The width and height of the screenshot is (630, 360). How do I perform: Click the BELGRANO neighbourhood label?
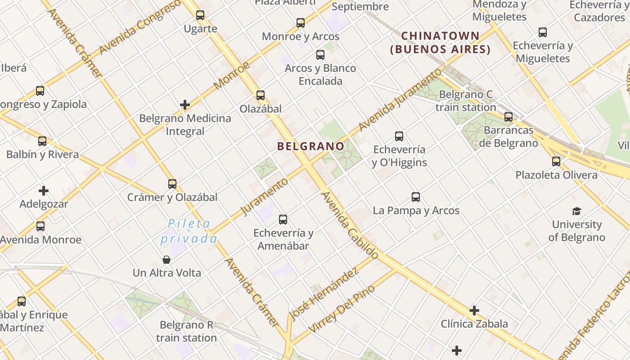point(310,146)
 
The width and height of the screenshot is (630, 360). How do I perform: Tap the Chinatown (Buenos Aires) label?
point(440,42)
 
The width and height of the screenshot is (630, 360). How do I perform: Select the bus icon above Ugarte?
point(200,15)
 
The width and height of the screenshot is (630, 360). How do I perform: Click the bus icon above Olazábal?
point(261,95)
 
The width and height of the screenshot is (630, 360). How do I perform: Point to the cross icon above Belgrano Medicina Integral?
point(185,105)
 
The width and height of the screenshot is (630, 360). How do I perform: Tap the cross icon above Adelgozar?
point(44,191)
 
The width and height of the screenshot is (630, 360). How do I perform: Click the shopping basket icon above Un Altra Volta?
point(166,260)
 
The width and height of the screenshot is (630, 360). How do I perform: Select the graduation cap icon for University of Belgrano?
point(576,211)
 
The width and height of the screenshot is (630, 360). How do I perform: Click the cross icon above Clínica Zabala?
point(474,310)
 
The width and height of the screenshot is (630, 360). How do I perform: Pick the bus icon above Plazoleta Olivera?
point(556,162)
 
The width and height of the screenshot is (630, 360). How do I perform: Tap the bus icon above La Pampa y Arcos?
point(416,197)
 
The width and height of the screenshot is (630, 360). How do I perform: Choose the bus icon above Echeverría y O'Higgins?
point(399,136)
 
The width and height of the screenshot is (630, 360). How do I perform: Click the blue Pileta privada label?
point(189,231)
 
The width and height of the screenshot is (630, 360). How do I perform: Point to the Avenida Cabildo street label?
point(350,225)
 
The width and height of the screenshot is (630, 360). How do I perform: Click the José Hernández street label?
point(324,293)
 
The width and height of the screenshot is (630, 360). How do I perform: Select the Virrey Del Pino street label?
point(342,310)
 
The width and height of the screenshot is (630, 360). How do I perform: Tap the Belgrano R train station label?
point(186,331)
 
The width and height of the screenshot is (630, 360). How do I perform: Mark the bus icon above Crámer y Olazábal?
point(172,184)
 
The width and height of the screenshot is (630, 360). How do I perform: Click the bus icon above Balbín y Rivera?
point(42,141)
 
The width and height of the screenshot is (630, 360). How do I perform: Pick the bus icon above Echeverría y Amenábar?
point(283,220)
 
